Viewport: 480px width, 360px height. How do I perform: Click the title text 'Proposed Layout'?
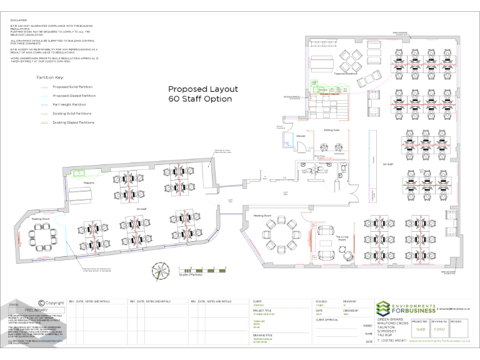(200, 89)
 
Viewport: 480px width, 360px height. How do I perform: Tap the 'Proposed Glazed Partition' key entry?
(74, 96)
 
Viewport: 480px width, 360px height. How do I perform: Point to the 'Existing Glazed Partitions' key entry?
(74, 122)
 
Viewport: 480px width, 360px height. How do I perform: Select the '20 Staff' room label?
(142, 209)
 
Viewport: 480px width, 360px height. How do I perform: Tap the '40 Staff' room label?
(387, 164)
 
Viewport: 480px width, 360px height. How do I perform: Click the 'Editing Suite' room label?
(331, 130)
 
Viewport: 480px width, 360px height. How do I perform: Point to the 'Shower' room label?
(300, 136)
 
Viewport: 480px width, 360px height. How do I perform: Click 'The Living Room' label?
(342, 238)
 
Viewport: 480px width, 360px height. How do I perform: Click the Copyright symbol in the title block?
(42, 302)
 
